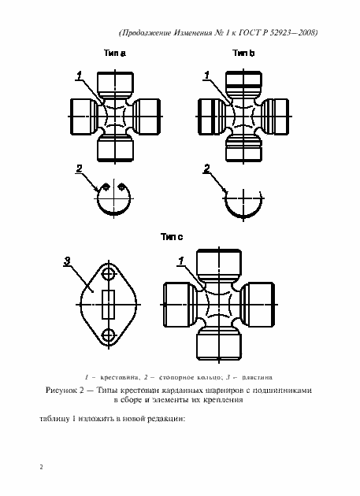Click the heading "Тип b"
click(x=243, y=54)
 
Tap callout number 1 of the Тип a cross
click(x=79, y=76)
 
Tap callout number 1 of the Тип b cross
click(x=206, y=76)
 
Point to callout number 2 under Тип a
click(x=79, y=168)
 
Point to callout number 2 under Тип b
click(x=206, y=168)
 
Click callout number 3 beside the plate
click(x=68, y=261)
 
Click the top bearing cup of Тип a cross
click(x=115, y=83)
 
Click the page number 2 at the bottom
click(x=41, y=467)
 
